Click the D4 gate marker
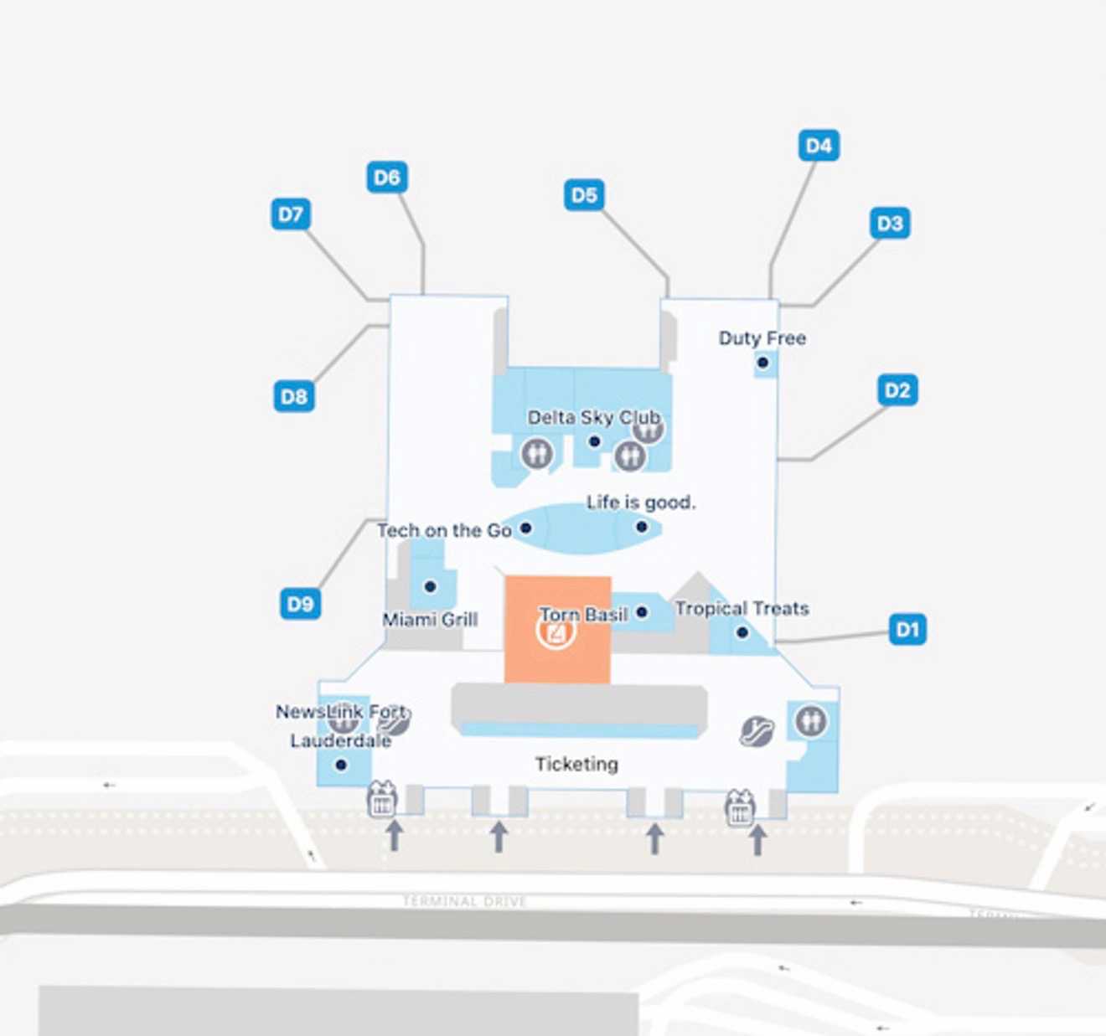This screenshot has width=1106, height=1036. [819, 146]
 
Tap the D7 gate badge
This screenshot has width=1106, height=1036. [291, 214]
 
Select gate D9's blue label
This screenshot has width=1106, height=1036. [300, 604]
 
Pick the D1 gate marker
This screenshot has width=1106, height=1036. [907, 629]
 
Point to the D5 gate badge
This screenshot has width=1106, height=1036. [584, 195]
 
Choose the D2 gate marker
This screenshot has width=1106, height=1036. [897, 390]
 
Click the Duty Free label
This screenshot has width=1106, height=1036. [762, 338]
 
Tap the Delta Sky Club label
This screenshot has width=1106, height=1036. [593, 417]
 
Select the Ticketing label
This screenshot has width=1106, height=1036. [576, 764]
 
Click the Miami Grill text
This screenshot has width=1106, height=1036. [430, 620]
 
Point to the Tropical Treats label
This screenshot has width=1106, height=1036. [742, 609]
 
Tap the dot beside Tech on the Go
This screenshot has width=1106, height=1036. [526, 528]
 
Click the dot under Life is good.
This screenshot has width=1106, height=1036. [641, 527]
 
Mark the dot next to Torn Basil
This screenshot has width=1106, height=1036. [642, 612]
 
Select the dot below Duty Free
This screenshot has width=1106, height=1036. [762, 363]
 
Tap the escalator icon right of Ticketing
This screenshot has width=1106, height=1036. [757, 731]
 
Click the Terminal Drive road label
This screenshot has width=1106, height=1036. [464, 901]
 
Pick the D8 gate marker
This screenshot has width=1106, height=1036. [294, 396]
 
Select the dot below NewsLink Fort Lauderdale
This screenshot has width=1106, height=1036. [341, 765]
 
